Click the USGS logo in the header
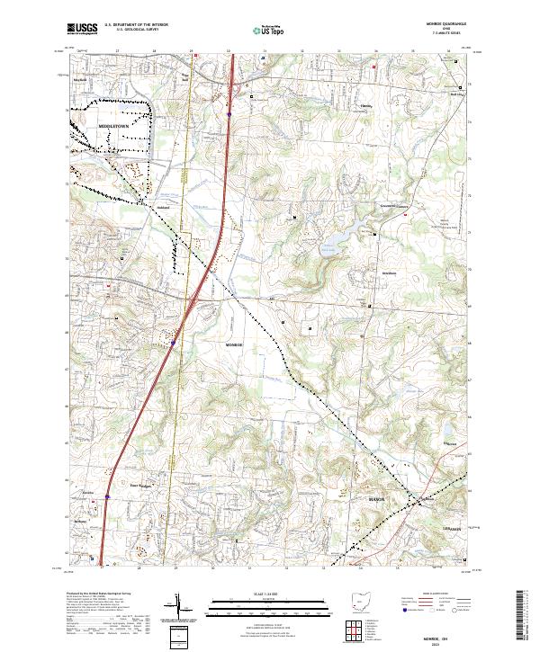pyautogui.click(x=79, y=29)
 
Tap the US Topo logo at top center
pyautogui.click(x=269, y=30)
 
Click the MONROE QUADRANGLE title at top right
pyautogui.click(x=446, y=25)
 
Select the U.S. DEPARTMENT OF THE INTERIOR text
pyautogui.click(x=136, y=25)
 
